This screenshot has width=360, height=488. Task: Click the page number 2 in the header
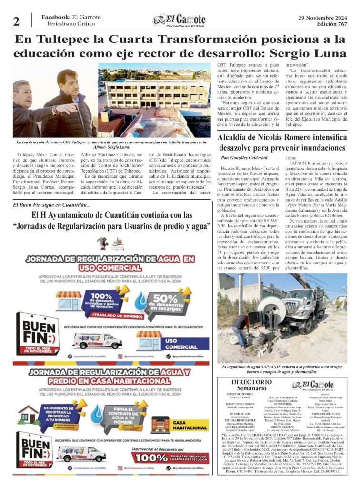17,21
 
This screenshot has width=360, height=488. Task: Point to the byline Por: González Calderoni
245,157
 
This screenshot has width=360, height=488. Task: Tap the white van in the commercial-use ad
97,340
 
